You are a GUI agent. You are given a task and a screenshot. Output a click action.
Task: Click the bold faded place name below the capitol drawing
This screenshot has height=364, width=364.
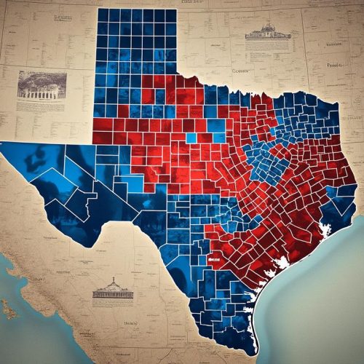coord(131,320)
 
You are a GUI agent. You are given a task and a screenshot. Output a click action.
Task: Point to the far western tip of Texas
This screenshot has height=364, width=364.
coord(4,146)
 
